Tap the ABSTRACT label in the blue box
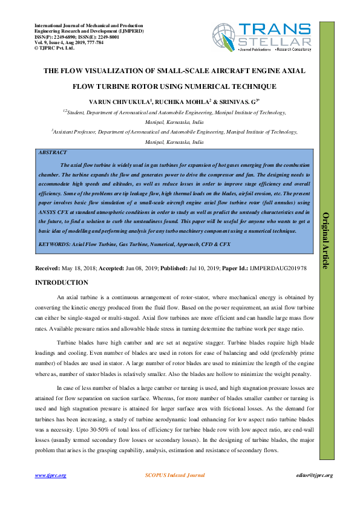[x=52, y=153]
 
